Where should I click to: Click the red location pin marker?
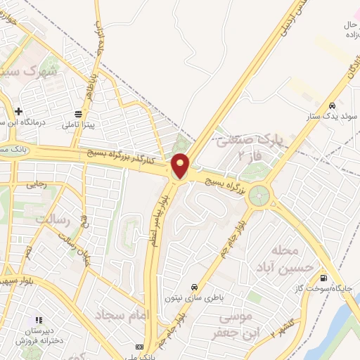(181, 166)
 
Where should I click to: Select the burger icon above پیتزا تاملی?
(78, 112)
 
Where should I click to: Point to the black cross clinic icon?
(18, 111)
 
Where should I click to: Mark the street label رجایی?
(35, 186)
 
